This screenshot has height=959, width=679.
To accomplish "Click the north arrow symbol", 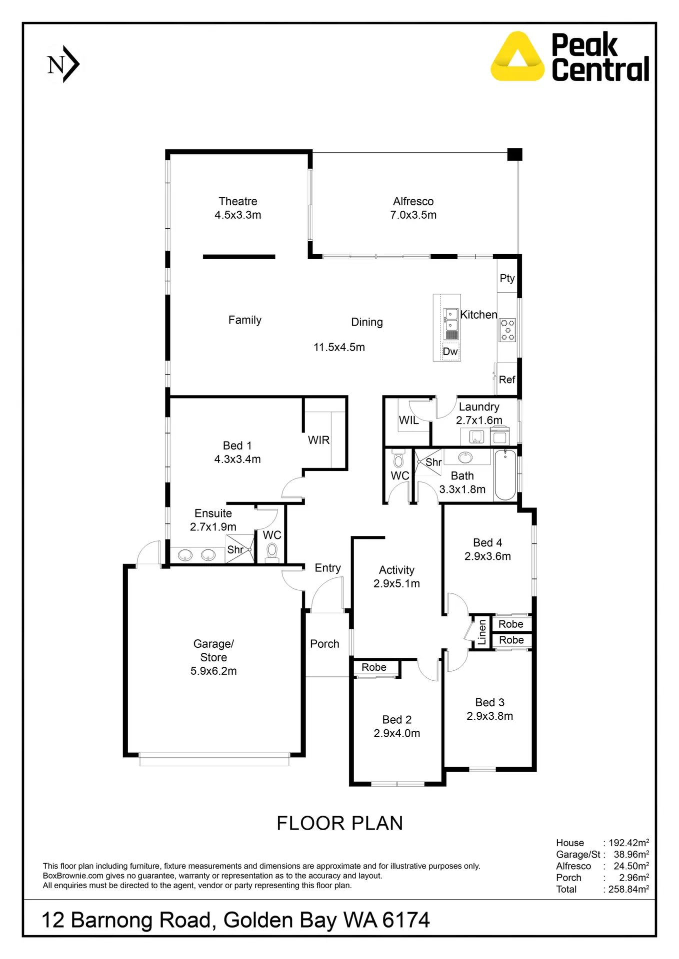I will (x=63, y=64).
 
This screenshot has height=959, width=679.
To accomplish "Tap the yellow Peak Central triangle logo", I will (x=517, y=57).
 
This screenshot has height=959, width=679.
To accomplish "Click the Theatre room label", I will (x=238, y=201).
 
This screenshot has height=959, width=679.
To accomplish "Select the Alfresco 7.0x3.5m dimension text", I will (x=413, y=215).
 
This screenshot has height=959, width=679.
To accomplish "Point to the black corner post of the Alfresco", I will (x=514, y=154).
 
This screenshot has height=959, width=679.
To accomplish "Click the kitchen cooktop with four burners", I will (x=507, y=330).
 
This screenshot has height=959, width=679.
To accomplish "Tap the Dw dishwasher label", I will (x=450, y=352).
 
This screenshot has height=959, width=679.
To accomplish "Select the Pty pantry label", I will (x=507, y=278).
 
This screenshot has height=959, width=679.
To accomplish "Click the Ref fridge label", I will (x=507, y=380).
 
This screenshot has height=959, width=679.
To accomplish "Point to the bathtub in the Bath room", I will (x=505, y=475).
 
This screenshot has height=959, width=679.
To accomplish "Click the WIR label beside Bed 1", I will (x=318, y=440).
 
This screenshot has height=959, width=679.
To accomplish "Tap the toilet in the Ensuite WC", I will (x=271, y=552).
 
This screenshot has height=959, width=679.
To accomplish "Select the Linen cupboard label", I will (x=482, y=632).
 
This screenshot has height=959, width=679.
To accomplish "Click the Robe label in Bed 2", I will (x=374, y=667).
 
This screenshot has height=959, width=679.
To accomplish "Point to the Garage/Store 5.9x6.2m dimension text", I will (x=213, y=671).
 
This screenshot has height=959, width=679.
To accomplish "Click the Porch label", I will (x=324, y=644).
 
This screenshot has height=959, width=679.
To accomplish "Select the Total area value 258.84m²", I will (x=628, y=890).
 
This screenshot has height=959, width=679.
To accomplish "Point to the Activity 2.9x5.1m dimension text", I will (x=396, y=584).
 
